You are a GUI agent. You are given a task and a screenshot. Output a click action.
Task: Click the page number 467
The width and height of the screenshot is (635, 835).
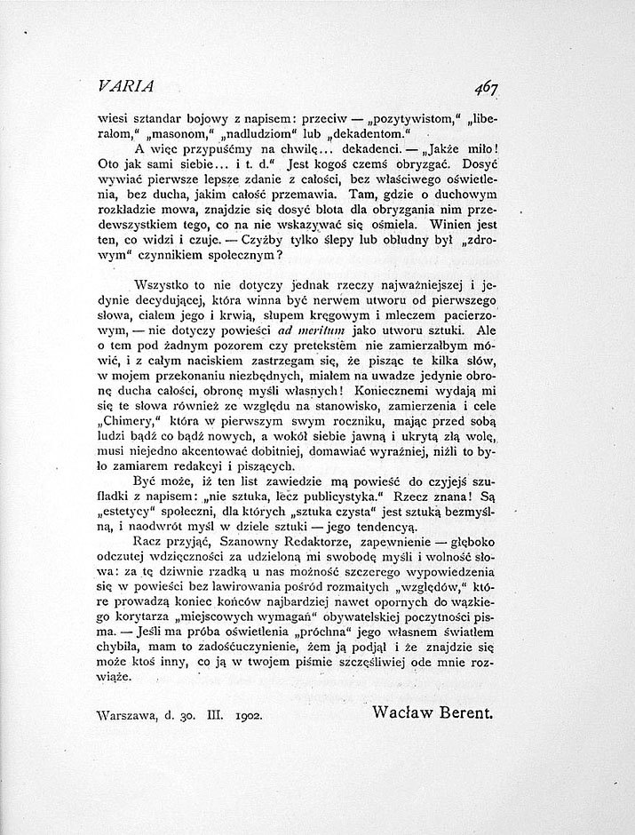(487, 87)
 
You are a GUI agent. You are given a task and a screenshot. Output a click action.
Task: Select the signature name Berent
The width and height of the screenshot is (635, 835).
(462, 712)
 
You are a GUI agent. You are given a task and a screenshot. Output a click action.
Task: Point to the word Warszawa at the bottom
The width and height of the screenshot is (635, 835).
(129, 713)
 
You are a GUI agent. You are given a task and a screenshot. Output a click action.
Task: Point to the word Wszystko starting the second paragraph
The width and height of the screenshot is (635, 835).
(161, 284)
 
